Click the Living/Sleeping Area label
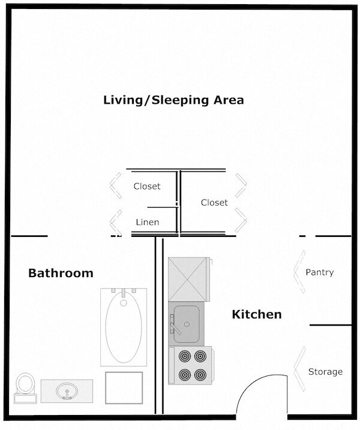pos(174,100)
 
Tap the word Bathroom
pos(61,273)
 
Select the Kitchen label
pos(257,314)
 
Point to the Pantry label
pos(319,272)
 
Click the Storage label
pos(325,372)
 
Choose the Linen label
pos(147,222)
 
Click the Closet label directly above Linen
pos(147,187)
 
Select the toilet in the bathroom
pos(25,386)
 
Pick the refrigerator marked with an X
pos(188,279)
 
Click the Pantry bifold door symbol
pos(297,273)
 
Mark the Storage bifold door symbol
pos(297,372)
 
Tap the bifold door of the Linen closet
pos(114,222)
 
